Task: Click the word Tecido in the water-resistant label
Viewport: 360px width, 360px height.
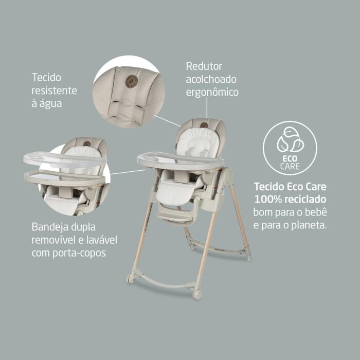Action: pos(46,77)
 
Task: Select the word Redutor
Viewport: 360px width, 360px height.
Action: pos(204,66)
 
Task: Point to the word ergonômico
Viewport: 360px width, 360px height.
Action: pos(212,93)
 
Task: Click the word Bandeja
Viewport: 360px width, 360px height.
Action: pos(50,227)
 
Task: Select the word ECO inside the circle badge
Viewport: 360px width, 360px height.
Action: pos(290,158)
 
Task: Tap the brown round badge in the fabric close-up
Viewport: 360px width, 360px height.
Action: pos(132,81)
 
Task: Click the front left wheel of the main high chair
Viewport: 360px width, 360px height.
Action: pos(131,278)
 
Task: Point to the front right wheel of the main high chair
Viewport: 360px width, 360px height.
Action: pos(197,294)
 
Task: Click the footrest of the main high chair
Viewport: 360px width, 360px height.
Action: pos(175,217)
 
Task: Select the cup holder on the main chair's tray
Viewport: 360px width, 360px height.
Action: pos(150,158)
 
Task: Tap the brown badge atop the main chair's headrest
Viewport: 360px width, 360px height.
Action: pos(204,125)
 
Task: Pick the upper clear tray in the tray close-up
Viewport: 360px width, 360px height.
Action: pos(64,159)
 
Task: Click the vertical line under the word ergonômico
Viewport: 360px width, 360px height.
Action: pos(207,108)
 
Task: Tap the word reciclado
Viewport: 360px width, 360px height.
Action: pos(305,200)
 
